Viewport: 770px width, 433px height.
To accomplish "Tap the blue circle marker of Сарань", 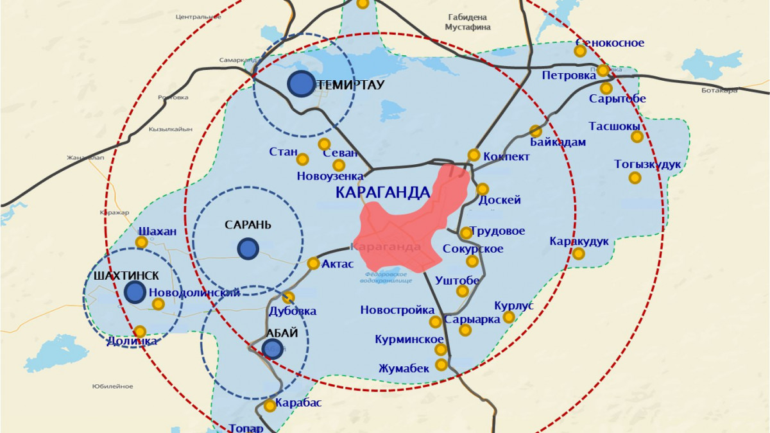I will tap(248, 248).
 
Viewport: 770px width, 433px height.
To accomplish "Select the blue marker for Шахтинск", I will tap(135, 292).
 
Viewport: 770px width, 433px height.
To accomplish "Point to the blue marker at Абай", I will tap(273, 348).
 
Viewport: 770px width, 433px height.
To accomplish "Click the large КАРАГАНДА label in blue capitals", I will tap(382, 192).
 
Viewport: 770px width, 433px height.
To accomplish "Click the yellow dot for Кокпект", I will tap(474, 155).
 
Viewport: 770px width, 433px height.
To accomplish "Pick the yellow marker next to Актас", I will tap(313, 263).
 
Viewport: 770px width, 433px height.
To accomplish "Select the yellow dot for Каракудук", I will tap(578, 253).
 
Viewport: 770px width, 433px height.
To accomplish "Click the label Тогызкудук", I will tap(647, 164).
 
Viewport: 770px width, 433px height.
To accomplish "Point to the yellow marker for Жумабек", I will tap(441, 364).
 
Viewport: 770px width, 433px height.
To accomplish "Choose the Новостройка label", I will tap(397, 310).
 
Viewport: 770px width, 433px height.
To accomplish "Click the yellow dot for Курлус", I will tap(509, 317).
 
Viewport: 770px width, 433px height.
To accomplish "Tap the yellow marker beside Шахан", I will tap(141, 242).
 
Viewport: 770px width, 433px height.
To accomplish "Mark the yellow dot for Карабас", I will tap(270, 406).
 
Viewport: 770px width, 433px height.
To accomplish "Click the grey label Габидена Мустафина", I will tap(468, 22).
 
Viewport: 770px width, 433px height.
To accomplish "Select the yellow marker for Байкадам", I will tap(534, 130).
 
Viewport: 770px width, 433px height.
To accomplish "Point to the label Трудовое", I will tap(497, 231).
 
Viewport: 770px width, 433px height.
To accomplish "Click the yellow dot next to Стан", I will tap(302, 158).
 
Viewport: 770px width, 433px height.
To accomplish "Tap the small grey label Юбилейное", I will tap(112, 386).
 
